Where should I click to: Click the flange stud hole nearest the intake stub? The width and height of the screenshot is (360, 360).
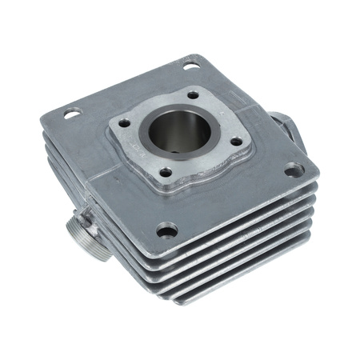click(236, 142)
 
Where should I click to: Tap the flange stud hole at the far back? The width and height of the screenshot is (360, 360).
click(193, 94)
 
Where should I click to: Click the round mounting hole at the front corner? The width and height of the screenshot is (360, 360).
click(166, 230)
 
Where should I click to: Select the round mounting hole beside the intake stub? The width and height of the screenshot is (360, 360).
click(294, 170)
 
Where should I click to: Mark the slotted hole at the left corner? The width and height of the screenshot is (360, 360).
click(71, 113)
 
